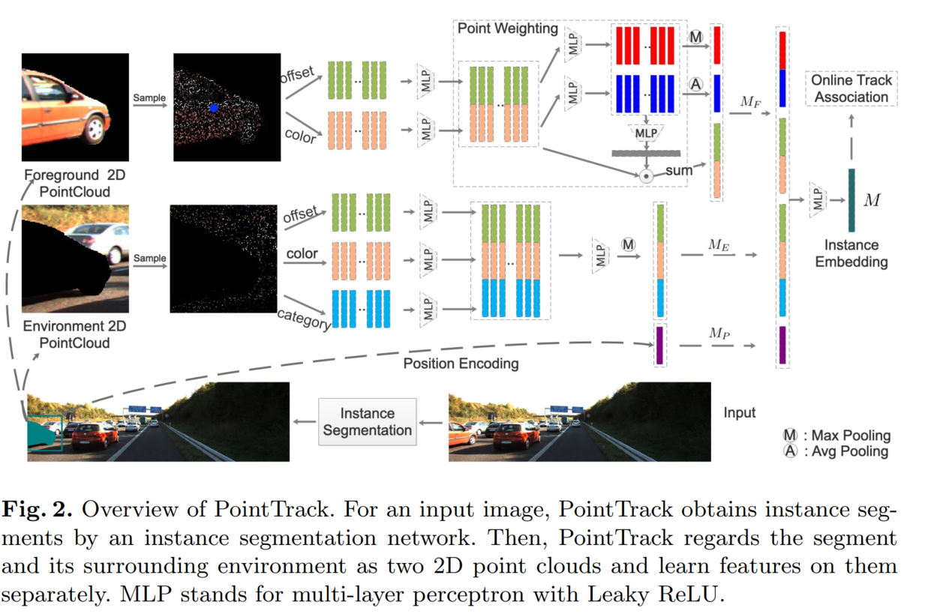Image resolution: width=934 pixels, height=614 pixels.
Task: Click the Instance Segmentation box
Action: click(x=367, y=422)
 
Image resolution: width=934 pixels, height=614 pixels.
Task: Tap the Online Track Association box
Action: click(x=851, y=88)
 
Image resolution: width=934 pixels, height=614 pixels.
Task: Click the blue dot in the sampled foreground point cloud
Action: click(x=214, y=108)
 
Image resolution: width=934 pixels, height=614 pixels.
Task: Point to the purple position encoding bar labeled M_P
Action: click(x=660, y=346)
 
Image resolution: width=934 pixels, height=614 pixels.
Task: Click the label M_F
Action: click(x=749, y=100)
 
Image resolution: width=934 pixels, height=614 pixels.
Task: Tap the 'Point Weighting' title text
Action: click(x=507, y=29)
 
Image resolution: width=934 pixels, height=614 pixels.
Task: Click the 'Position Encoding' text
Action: click(x=461, y=364)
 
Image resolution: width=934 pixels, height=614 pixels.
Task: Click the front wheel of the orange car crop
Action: click(x=94, y=130)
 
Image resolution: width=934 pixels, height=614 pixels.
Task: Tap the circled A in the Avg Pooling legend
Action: click(x=790, y=451)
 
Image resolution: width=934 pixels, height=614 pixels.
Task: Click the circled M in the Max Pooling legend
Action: click(x=790, y=436)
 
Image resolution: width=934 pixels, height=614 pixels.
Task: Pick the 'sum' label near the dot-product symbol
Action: click(x=678, y=171)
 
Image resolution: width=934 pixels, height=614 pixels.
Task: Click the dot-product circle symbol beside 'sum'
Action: click(x=644, y=176)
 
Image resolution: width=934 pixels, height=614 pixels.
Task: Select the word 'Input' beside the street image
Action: click(x=740, y=413)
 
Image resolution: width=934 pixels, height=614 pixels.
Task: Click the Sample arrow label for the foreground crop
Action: click(x=149, y=97)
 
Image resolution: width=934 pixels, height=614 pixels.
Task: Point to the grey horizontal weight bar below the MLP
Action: click(x=644, y=153)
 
